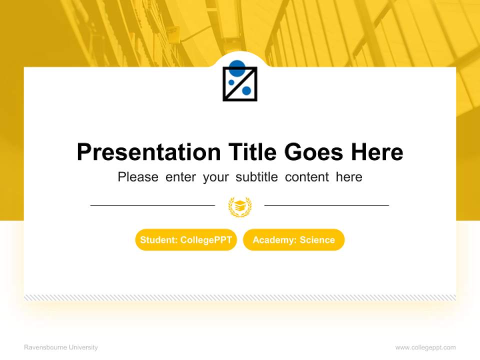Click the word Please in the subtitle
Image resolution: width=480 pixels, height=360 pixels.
point(138,177)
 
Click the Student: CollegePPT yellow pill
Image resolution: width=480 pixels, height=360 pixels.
point(186,240)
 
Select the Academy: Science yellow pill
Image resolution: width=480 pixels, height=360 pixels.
point(293,240)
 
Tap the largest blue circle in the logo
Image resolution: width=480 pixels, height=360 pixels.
point(237,66)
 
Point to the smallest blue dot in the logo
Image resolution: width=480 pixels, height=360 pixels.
point(230,82)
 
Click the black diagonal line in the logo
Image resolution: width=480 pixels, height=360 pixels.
point(240,84)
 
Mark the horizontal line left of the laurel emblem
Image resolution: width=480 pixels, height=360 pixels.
point(152,205)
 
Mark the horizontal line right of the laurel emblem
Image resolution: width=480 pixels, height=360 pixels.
point(326,205)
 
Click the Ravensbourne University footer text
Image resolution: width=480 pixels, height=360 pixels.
point(61,347)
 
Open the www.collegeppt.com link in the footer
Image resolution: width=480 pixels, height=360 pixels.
point(425,347)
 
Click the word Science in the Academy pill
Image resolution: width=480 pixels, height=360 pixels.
point(317,240)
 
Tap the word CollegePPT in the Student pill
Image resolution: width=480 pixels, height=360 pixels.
point(206,240)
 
